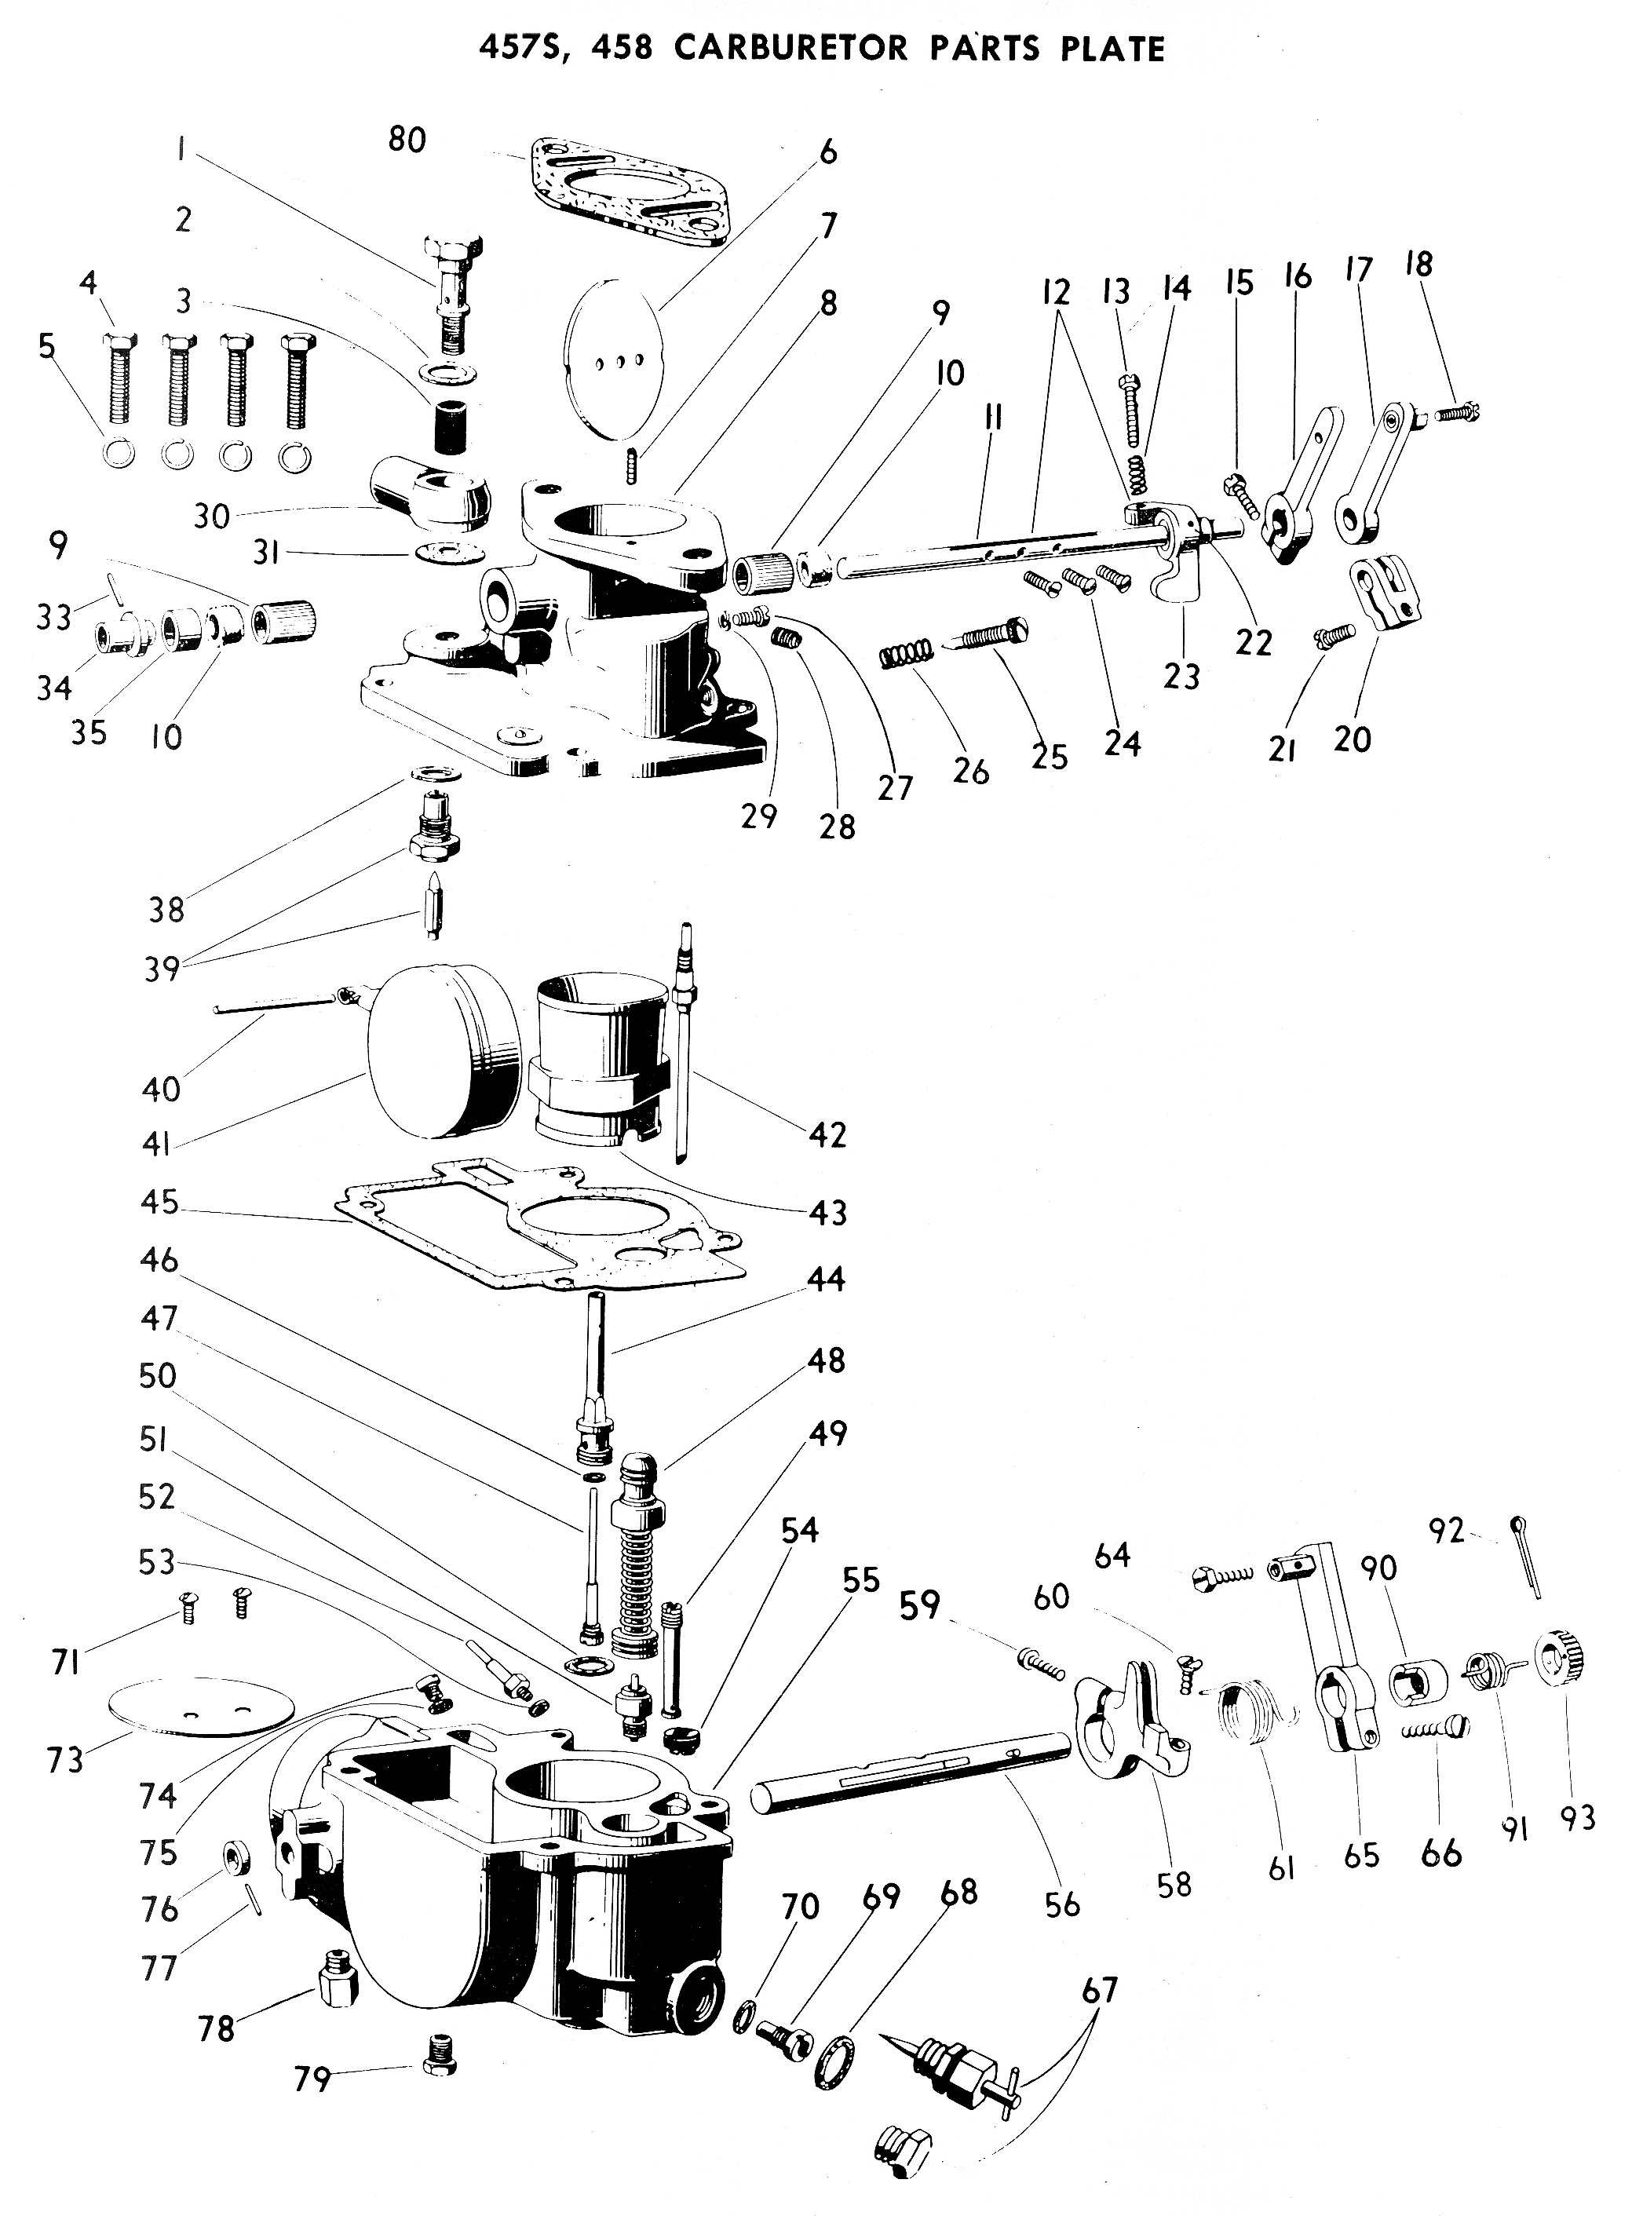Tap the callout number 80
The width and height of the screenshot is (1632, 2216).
point(406,141)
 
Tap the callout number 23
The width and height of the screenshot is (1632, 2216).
point(1181,677)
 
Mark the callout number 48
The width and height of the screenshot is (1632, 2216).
point(827,1360)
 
